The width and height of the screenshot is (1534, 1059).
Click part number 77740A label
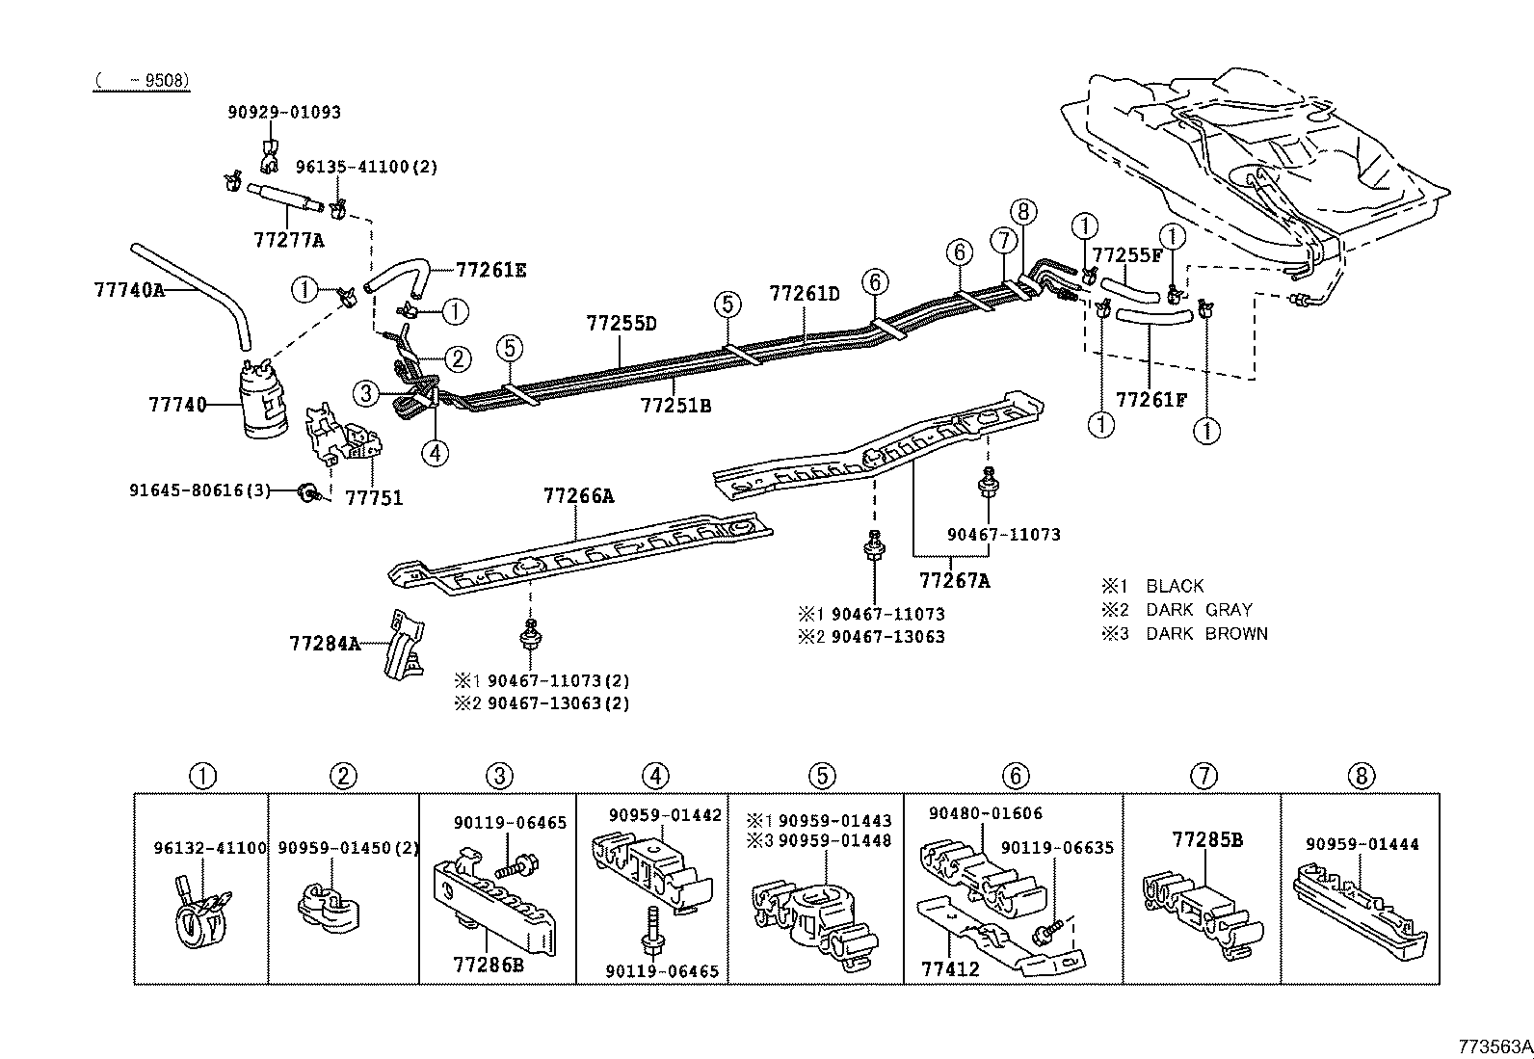(129, 288)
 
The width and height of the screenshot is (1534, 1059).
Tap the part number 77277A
(288, 241)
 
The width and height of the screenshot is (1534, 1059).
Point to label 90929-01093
(284, 112)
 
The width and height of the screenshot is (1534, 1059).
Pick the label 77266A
(578, 496)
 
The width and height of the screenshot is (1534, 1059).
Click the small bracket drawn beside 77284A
(404, 646)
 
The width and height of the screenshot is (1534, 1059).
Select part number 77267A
(954, 580)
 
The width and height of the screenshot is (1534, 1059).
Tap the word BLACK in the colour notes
(1175, 586)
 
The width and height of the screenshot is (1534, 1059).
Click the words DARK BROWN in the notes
(1206, 634)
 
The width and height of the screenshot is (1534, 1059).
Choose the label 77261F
(1151, 399)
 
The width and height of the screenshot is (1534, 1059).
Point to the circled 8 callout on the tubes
(1024, 212)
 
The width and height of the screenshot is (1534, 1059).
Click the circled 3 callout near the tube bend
(365, 392)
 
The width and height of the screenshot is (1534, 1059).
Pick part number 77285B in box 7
(1207, 840)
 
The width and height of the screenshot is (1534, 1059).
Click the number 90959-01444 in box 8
(1362, 844)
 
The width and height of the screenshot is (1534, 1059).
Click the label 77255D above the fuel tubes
(622, 324)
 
